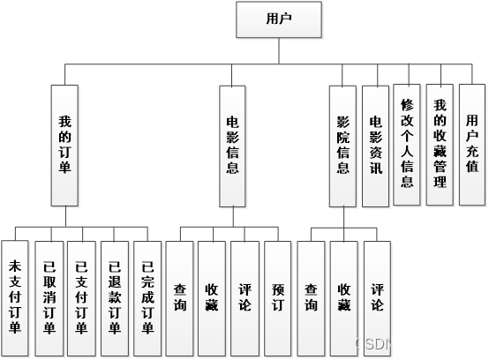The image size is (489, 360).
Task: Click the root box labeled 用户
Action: (x=279, y=19)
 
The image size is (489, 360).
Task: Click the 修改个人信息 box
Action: (x=406, y=143)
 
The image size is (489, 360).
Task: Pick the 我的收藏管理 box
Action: (x=439, y=144)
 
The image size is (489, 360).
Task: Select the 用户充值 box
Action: (x=471, y=143)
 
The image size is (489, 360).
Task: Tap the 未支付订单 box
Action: (x=14, y=298)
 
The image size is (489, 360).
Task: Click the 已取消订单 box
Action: (x=48, y=298)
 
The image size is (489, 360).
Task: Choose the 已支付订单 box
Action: (x=80, y=298)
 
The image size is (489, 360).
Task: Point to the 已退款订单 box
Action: (x=114, y=298)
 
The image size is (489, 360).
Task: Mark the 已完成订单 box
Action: (x=147, y=298)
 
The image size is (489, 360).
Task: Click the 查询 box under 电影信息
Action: (x=179, y=296)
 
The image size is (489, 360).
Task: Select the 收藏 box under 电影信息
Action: (x=212, y=296)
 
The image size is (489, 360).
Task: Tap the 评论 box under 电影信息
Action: (x=244, y=296)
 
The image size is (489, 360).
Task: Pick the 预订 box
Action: (x=278, y=296)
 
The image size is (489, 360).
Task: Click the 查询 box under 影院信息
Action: (x=311, y=296)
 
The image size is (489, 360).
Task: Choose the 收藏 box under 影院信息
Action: (x=343, y=296)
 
